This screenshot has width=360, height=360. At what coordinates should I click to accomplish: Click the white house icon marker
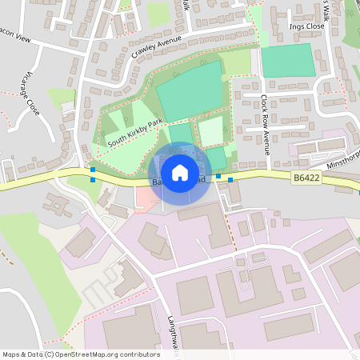tap(180, 173)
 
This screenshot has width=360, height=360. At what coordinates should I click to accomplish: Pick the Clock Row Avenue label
tap(265, 120)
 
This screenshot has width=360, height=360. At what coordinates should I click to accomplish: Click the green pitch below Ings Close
tap(288, 60)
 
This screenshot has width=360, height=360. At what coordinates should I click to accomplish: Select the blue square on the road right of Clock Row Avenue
tap(231, 180)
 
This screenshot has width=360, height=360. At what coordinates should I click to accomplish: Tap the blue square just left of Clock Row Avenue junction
tap(218, 174)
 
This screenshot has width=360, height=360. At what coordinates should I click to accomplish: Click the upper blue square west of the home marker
tap(94, 170)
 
